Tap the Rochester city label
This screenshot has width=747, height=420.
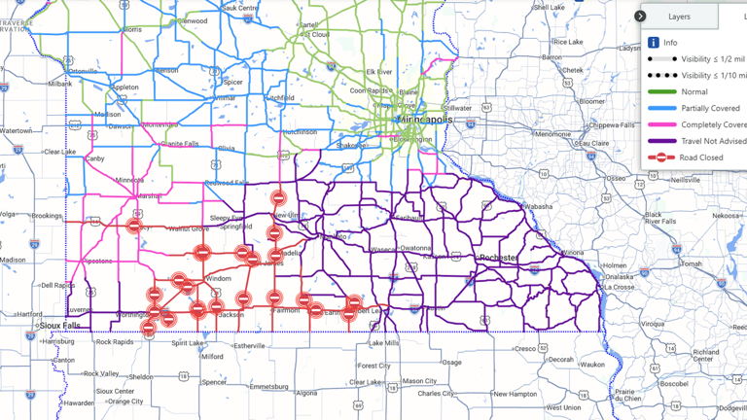pos(498,258)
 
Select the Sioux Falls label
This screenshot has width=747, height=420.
pos(60,325)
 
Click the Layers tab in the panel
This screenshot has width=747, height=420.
pos(679,17)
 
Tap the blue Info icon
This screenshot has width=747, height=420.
pos(654,43)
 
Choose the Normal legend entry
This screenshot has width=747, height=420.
pos(694,92)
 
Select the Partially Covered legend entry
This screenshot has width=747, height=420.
pos(709,109)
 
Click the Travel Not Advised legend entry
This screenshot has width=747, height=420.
pos(713,141)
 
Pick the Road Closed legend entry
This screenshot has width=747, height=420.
pos(701,157)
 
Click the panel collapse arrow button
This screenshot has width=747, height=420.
pos(640,17)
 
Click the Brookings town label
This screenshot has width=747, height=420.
pos(47,216)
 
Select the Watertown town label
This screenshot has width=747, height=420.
pos(16,130)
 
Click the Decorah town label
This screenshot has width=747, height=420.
pos(561,359)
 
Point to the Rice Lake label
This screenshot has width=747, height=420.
pos(567,42)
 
